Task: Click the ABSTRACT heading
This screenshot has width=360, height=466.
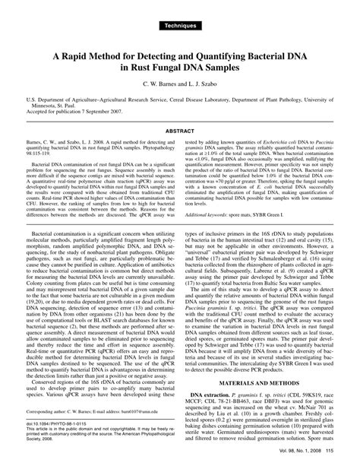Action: [x=180, y=130]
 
